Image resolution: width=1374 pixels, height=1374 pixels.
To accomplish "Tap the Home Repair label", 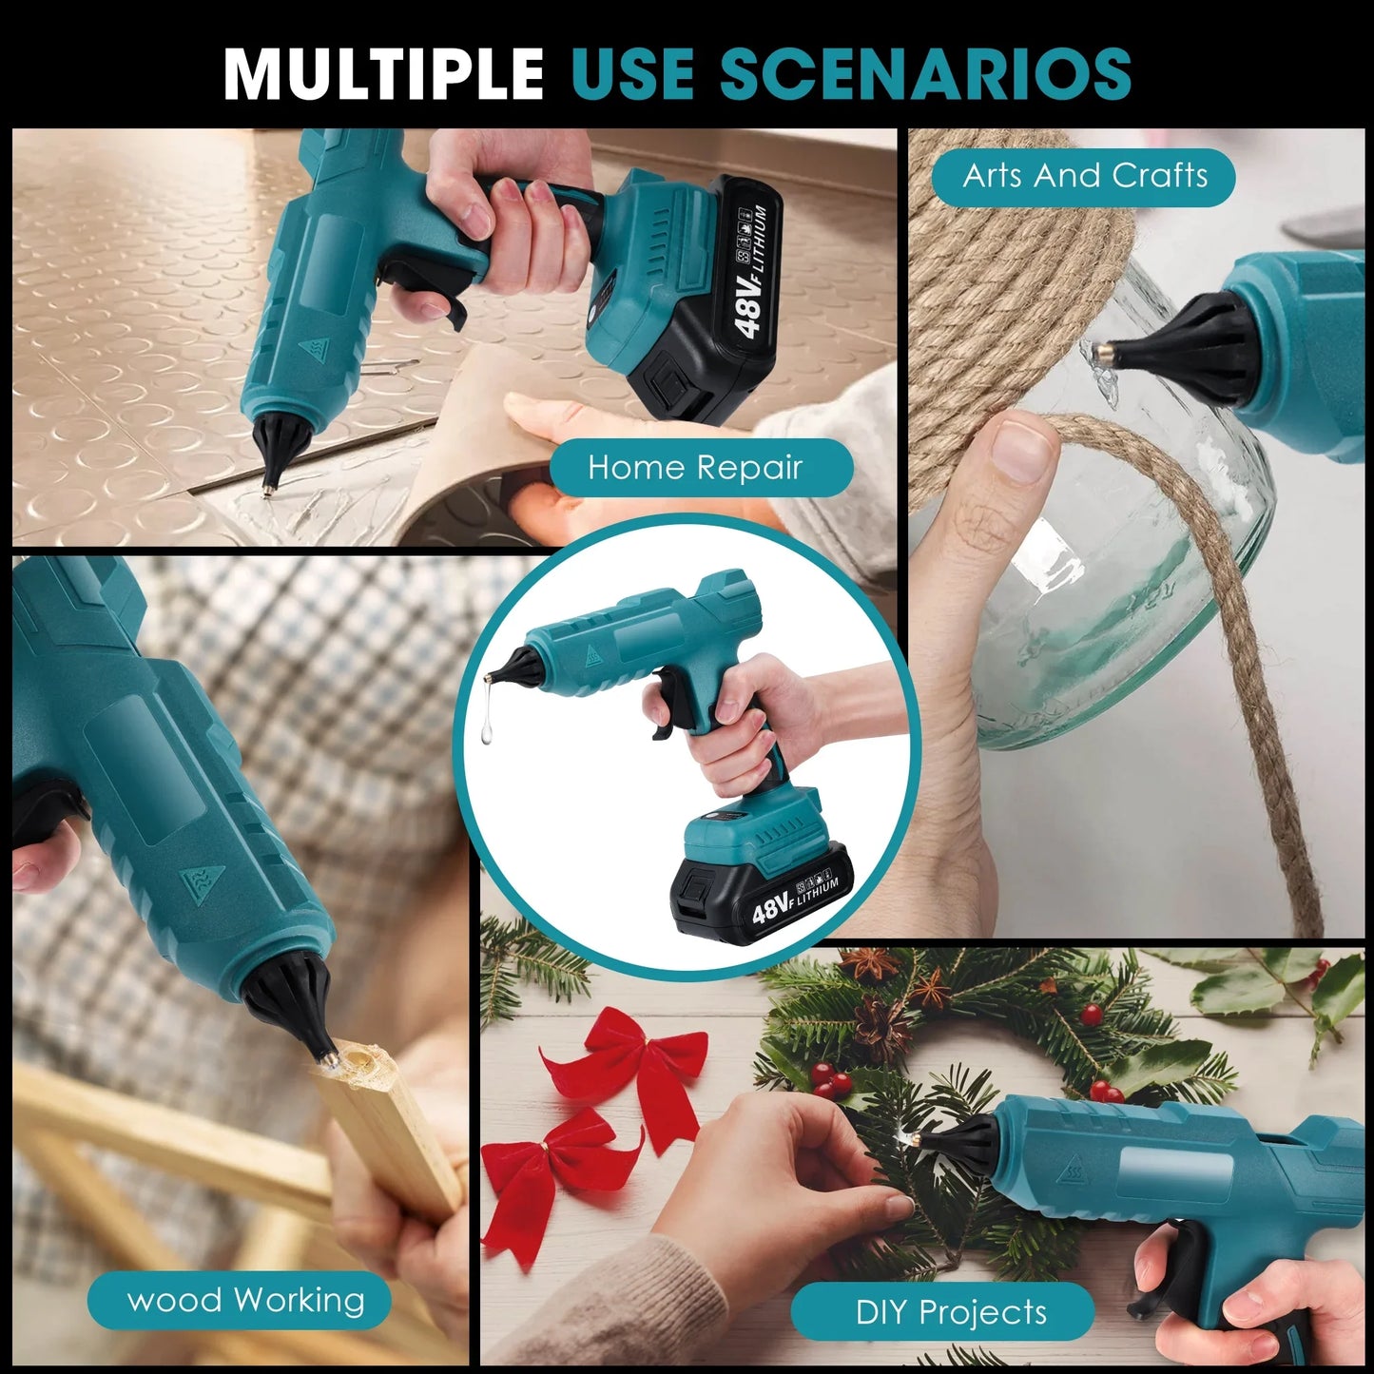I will [695, 468].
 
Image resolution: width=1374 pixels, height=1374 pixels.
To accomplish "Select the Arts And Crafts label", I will [1084, 176].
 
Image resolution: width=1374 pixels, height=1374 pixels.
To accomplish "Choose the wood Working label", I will [245, 1300].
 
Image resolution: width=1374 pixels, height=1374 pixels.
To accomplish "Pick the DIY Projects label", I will [950, 1312].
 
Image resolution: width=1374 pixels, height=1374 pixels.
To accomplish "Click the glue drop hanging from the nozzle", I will [488, 728].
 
